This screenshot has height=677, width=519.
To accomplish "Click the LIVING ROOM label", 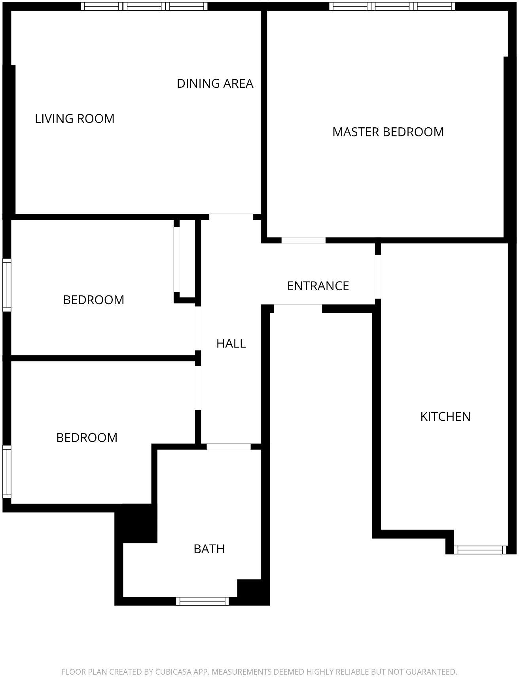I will pos(75,119).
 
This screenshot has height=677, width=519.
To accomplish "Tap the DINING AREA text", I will pos(215,83).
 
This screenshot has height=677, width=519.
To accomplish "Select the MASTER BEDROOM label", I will pos(388,132).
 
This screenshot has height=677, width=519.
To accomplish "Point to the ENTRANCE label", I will pos(318,286).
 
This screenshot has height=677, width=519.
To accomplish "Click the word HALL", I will pos(231,343).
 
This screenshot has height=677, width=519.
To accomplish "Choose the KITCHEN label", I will pos(445,416).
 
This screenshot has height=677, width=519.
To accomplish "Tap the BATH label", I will pos(209,549).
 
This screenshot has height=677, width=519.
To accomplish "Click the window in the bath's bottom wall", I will pos(202,601).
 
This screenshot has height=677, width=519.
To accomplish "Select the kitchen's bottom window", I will pos(480,550).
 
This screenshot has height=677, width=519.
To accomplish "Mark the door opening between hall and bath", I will pos(229,446).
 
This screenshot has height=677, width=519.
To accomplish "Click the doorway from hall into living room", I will pos(231,217).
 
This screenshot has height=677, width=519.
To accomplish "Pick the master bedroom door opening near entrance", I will pos(303,240).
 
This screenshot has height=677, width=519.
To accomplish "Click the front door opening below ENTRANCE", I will pos(298,309).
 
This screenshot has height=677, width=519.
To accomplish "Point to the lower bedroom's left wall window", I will pos(7,471).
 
